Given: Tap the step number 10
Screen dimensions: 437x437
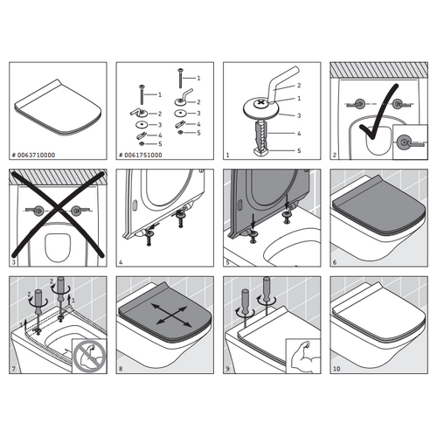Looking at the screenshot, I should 337,369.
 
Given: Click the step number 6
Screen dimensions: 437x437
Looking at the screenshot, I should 335,262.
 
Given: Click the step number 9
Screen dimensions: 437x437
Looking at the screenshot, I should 229,369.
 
